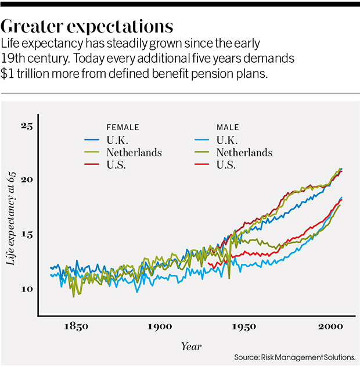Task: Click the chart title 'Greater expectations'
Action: click(x=88, y=27)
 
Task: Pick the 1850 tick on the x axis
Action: click(x=76, y=327)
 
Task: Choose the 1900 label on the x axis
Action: click(x=160, y=327)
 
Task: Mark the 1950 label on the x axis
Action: click(x=244, y=327)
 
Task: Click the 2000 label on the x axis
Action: click(x=329, y=327)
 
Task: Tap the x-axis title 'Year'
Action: click(x=190, y=346)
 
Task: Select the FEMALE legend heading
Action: click(x=123, y=127)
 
